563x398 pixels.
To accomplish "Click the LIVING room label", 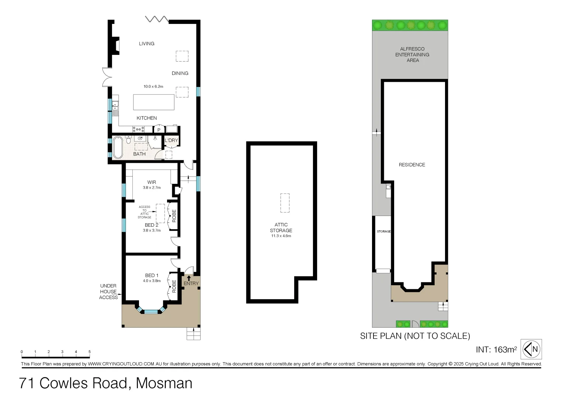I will coord(146,43).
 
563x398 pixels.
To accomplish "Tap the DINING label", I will coord(180,73).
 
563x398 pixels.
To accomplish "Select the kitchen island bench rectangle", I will coord(153,102).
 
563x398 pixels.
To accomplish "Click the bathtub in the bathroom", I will coord(118,147).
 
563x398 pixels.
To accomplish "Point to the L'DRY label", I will coord(171,140).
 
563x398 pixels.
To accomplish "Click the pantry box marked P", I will coord(159,130).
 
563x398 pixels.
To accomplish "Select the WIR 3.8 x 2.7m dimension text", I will coord(152,188).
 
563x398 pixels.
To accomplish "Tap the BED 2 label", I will coord(152,225).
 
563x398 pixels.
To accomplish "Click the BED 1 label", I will coord(152,275).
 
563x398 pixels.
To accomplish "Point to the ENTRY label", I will coord(191,283).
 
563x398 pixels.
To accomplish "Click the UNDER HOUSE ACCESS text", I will coord(108,291).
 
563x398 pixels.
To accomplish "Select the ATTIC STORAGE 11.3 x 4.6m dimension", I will coord(281,236).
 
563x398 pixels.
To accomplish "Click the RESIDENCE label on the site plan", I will coord(412,165).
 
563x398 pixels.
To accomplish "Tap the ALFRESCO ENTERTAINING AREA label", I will coord(412,55).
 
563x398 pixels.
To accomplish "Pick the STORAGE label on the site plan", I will coord(383,231).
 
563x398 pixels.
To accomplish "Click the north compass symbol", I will coord(531,349).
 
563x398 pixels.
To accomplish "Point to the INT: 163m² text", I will coord(496,349).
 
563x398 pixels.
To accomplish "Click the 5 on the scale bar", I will coord(89,352).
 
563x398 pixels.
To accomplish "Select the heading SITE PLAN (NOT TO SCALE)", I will coord(415,336).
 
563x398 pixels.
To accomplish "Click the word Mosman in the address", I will coord(164,383).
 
